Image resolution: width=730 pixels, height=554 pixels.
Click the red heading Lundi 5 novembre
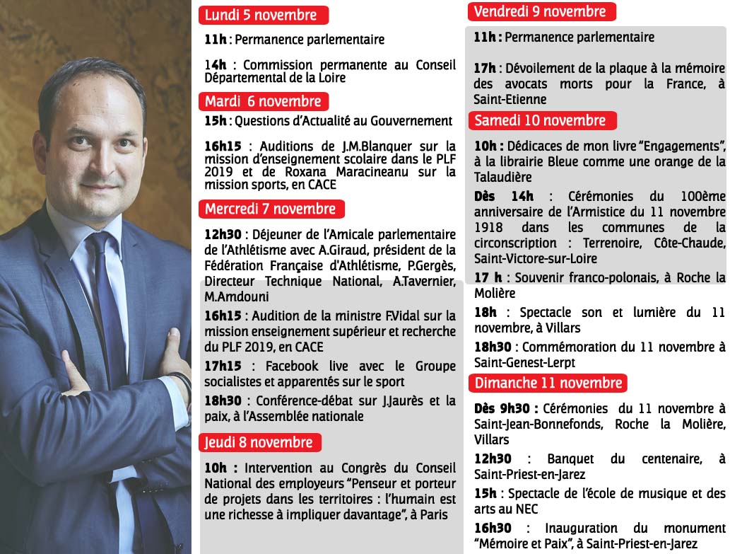click(261, 15)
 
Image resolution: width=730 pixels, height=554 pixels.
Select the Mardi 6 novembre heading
click(263, 101)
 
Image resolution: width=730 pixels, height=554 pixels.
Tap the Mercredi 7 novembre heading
click(271, 209)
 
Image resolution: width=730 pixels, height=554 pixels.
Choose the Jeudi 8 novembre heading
click(259, 443)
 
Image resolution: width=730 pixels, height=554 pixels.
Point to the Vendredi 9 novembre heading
click(540, 11)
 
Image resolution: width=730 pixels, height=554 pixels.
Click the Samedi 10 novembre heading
click(541, 120)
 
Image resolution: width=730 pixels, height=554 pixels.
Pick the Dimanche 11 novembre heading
click(548, 383)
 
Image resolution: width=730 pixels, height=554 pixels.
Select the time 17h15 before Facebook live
click(223, 367)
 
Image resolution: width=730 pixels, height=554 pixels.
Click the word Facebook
click(292, 367)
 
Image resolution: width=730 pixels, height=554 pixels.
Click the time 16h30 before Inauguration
click(493, 529)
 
